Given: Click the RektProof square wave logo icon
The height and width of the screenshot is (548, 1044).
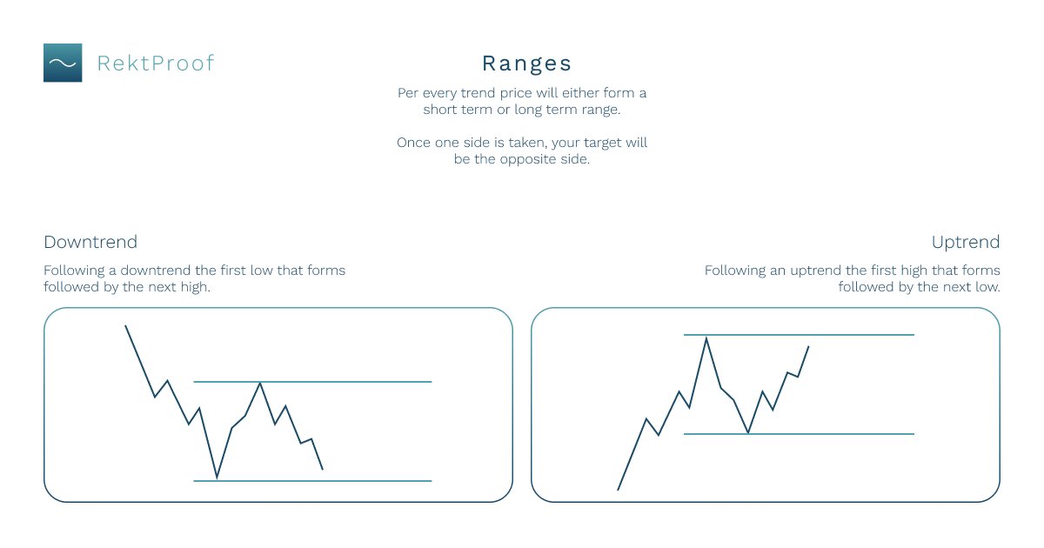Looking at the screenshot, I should coord(63,63).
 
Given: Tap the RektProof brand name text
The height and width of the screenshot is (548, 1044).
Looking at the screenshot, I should coord(156,63).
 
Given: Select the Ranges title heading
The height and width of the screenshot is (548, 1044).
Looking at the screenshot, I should coord(527,63).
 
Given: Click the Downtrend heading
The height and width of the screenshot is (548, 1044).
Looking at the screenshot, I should coord(90,242).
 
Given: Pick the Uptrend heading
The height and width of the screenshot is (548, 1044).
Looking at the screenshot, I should coord(966,242).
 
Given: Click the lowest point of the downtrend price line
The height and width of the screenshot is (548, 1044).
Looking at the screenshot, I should coord(217,478).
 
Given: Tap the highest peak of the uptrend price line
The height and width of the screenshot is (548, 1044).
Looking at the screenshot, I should coord(706,337).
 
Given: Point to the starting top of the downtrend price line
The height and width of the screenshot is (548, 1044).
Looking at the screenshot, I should coord(126,326).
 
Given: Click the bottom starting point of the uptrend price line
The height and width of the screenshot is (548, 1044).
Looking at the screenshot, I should coord(618,490).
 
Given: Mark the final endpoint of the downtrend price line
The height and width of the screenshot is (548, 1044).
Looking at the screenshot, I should coord(323,470).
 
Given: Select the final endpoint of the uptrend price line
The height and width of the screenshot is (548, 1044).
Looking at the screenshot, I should coord(808,346).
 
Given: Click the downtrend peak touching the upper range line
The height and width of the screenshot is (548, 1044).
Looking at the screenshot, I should coord(259,383).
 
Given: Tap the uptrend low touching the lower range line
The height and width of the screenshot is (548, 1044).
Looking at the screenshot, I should coord(748,432).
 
